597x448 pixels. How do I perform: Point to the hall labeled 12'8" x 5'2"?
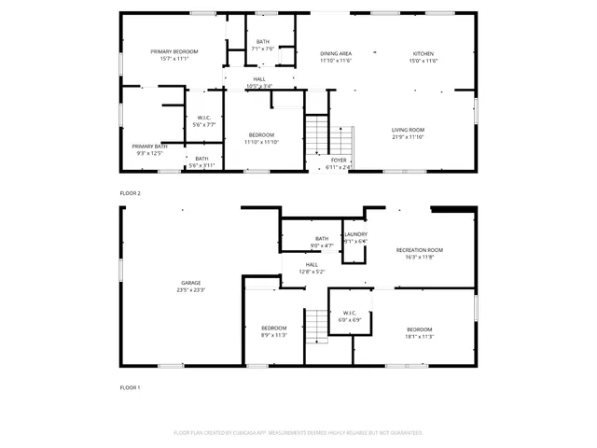pos(311,268)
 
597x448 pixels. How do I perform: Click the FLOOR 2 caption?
pos(130,192)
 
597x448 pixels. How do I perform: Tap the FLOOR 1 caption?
pos(130,386)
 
